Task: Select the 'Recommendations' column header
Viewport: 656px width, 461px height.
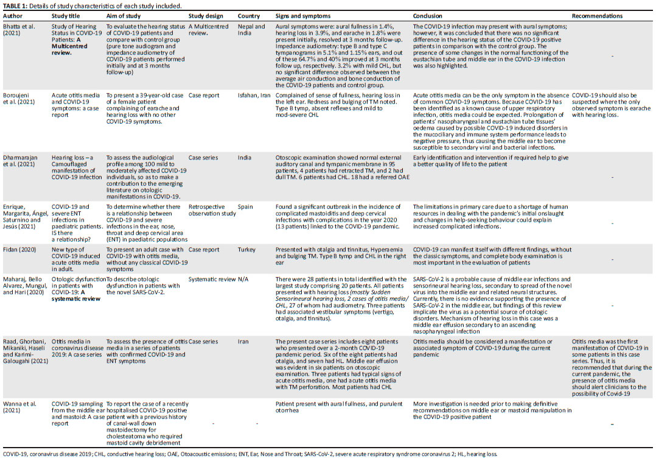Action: tap(597, 16)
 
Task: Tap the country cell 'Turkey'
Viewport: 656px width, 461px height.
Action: tap(246, 249)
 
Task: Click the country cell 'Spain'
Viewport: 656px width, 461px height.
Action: tap(244, 206)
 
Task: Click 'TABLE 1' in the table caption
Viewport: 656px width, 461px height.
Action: tap(16, 5)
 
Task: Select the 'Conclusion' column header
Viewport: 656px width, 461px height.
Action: tap(427, 16)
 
